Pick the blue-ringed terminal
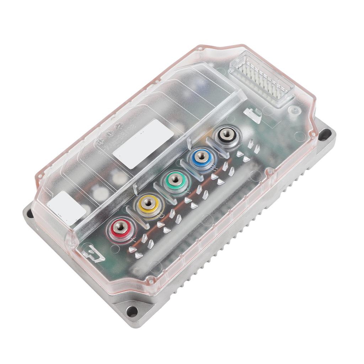pos(201,156)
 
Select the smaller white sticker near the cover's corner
pos(66,208)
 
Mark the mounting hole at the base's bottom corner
pos(132,311)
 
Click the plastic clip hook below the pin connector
pos(253,114)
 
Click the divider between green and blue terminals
pos(188,169)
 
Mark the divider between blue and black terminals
pos(215,147)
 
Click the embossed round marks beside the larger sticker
pos(108,133)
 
